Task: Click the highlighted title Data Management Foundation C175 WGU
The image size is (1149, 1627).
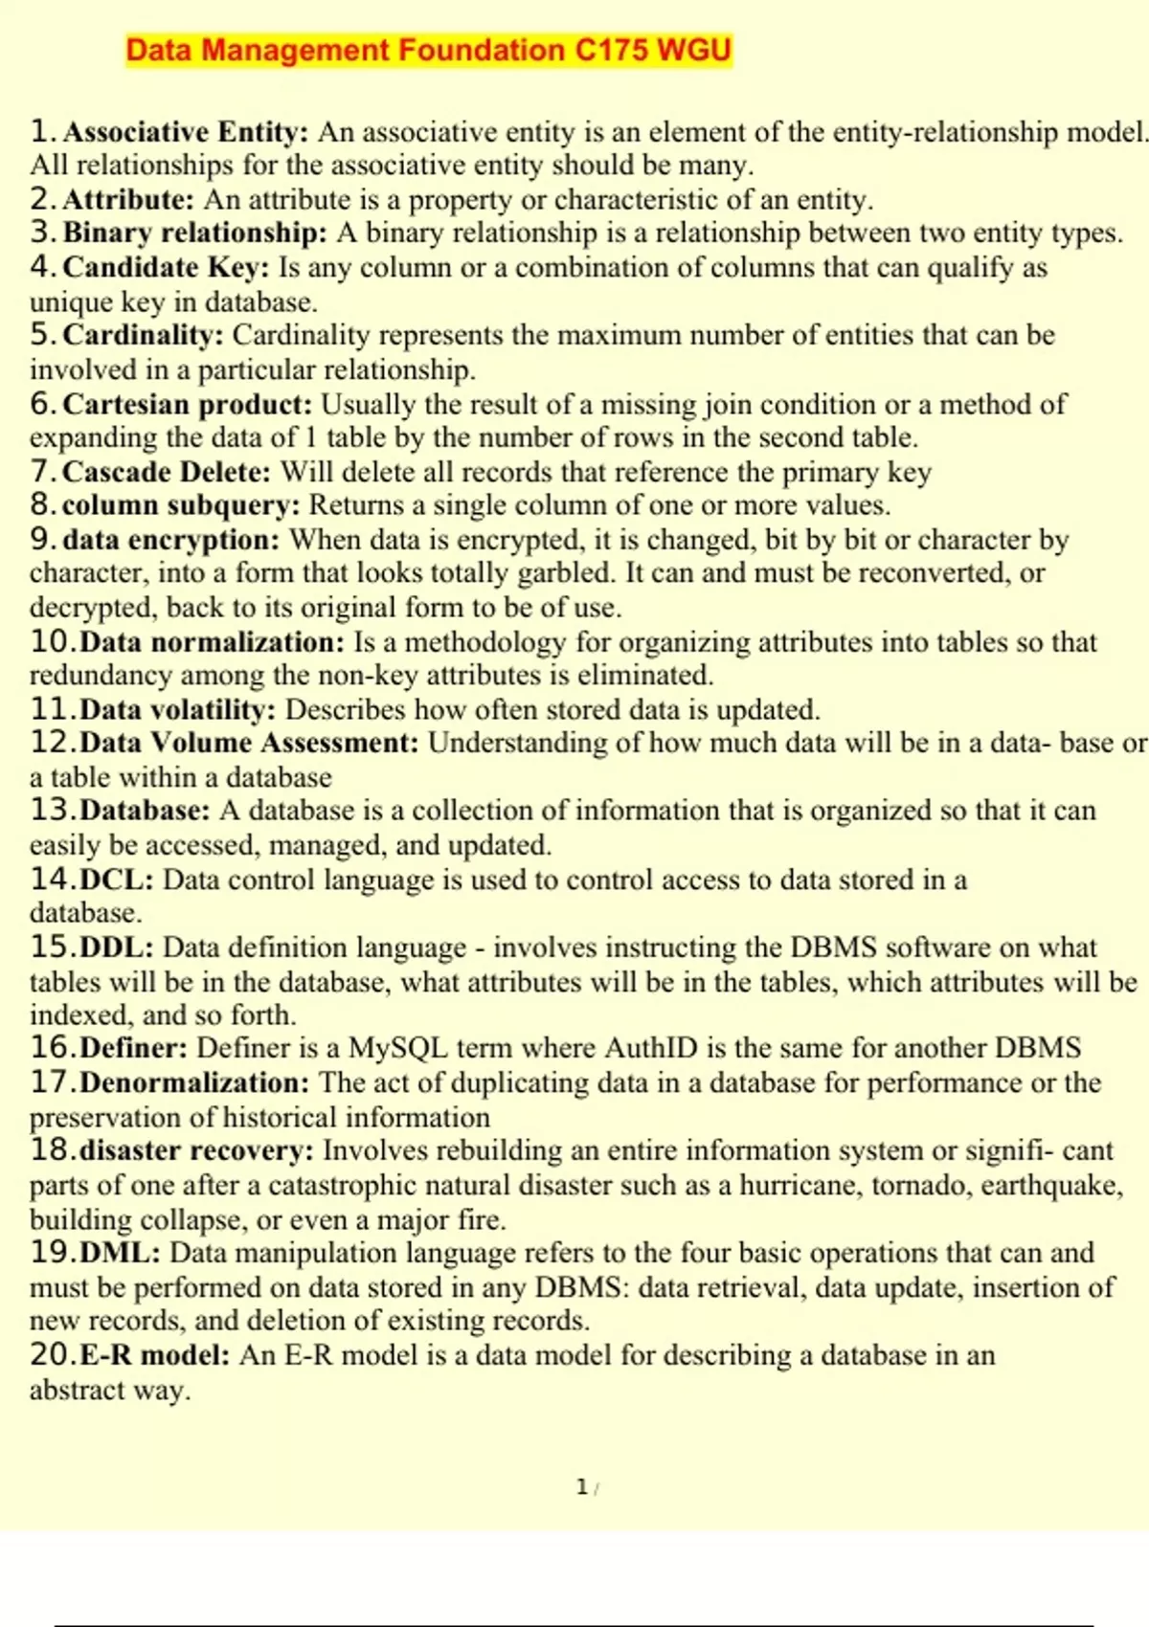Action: pyautogui.click(x=428, y=50)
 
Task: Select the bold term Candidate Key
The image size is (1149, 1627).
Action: pyautogui.click(x=166, y=267)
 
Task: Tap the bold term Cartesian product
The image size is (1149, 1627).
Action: pyautogui.click(x=187, y=404)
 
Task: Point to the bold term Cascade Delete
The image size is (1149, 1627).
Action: pyautogui.click(x=167, y=472)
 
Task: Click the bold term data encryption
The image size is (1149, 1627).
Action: pyautogui.click(x=170, y=540)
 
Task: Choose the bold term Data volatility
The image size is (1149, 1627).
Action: pyautogui.click(x=177, y=709)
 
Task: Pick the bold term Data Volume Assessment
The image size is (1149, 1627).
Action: pyautogui.click(x=249, y=743)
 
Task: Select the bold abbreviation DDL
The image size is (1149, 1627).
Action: pyautogui.click(x=116, y=947)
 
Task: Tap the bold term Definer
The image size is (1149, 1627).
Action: pyautogui.click(x=133, y=1048)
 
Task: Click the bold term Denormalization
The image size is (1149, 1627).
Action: pyautogui.click(x=194, y=1082)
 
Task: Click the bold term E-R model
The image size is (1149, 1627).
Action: pyautogui.click(x=154, y=1355)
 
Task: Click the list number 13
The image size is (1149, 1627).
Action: pyautogui.click(x=52, y=811)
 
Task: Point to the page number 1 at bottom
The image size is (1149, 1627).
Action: pyautogui.click(x=581, y=1486)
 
